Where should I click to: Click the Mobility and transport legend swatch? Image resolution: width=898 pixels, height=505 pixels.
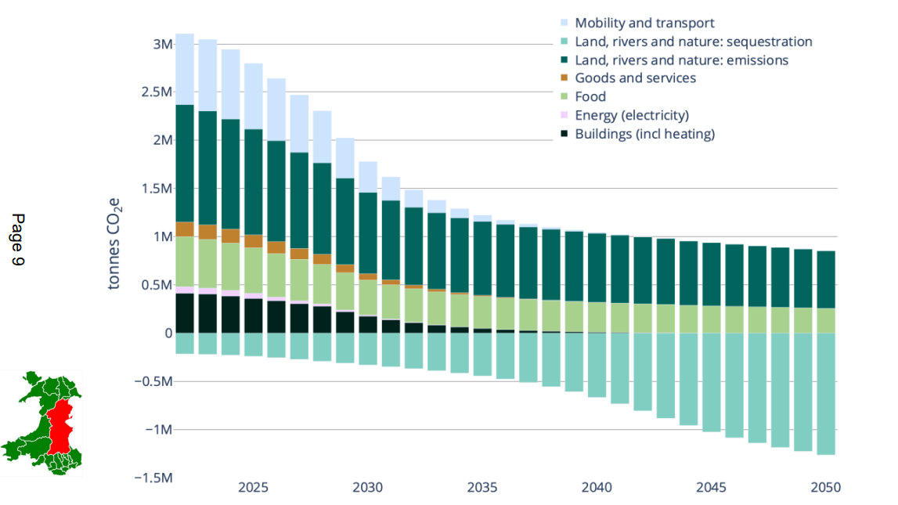[x=564, y=23]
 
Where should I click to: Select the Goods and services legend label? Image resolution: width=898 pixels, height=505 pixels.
[x=635, y=78]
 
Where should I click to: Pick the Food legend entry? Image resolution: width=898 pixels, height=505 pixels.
[x=590, y=97]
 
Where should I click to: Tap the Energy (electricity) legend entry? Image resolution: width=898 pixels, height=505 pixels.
[x=631, y=116]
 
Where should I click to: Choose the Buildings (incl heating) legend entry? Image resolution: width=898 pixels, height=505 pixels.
[x=644, y=134]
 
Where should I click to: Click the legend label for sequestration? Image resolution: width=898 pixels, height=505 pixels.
[x=693, y=42]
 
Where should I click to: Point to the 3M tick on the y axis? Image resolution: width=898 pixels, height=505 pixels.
[x=162, y=45]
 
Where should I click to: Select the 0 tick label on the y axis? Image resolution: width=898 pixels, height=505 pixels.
[x=168, y=334]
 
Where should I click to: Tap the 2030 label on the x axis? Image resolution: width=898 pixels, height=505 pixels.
[x=368, y=487]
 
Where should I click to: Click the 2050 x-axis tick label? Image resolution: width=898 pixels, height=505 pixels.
[x=824, y=487]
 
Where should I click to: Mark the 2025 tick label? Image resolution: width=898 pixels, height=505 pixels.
[x=254, y=487]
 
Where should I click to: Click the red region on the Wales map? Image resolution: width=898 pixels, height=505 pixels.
[x=58, y=427]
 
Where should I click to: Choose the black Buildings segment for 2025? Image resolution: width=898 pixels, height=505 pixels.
[x=254, y=316]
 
